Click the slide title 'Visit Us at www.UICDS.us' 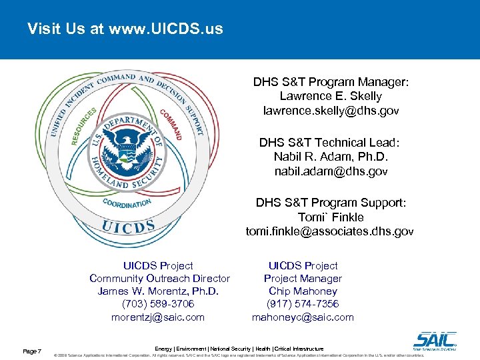tap(125, 29)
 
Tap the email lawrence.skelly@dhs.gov tap(331, 111)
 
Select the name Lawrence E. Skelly tap(331, 97)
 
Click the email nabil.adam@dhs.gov tap(331, 171)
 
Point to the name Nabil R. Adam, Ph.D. tap(331, 157)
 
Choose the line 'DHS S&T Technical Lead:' tap(331, 142)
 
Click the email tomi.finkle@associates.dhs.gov tap(330, 231)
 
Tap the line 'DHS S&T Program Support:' tap(331, 202)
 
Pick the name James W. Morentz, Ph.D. tap(159, 291)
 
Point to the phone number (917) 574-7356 tap(303, 304)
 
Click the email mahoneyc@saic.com tap(303, 317)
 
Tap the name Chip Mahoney tap(303, 291)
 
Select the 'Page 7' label tap(32, 351)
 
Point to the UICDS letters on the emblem tap(129, 226)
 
